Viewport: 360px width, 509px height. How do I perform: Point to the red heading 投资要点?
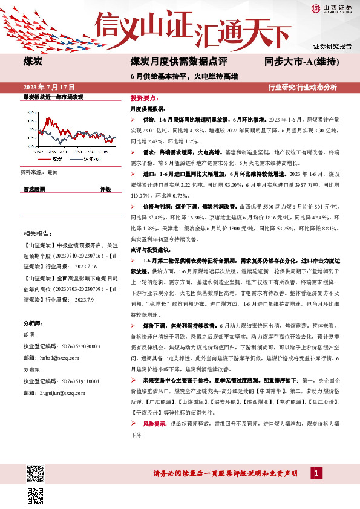pos(144,98)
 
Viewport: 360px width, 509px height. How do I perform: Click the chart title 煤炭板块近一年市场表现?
pos(53,97)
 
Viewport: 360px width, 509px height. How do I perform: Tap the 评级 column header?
pos(106,189)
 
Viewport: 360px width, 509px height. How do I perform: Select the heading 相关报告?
pos(36,233)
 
